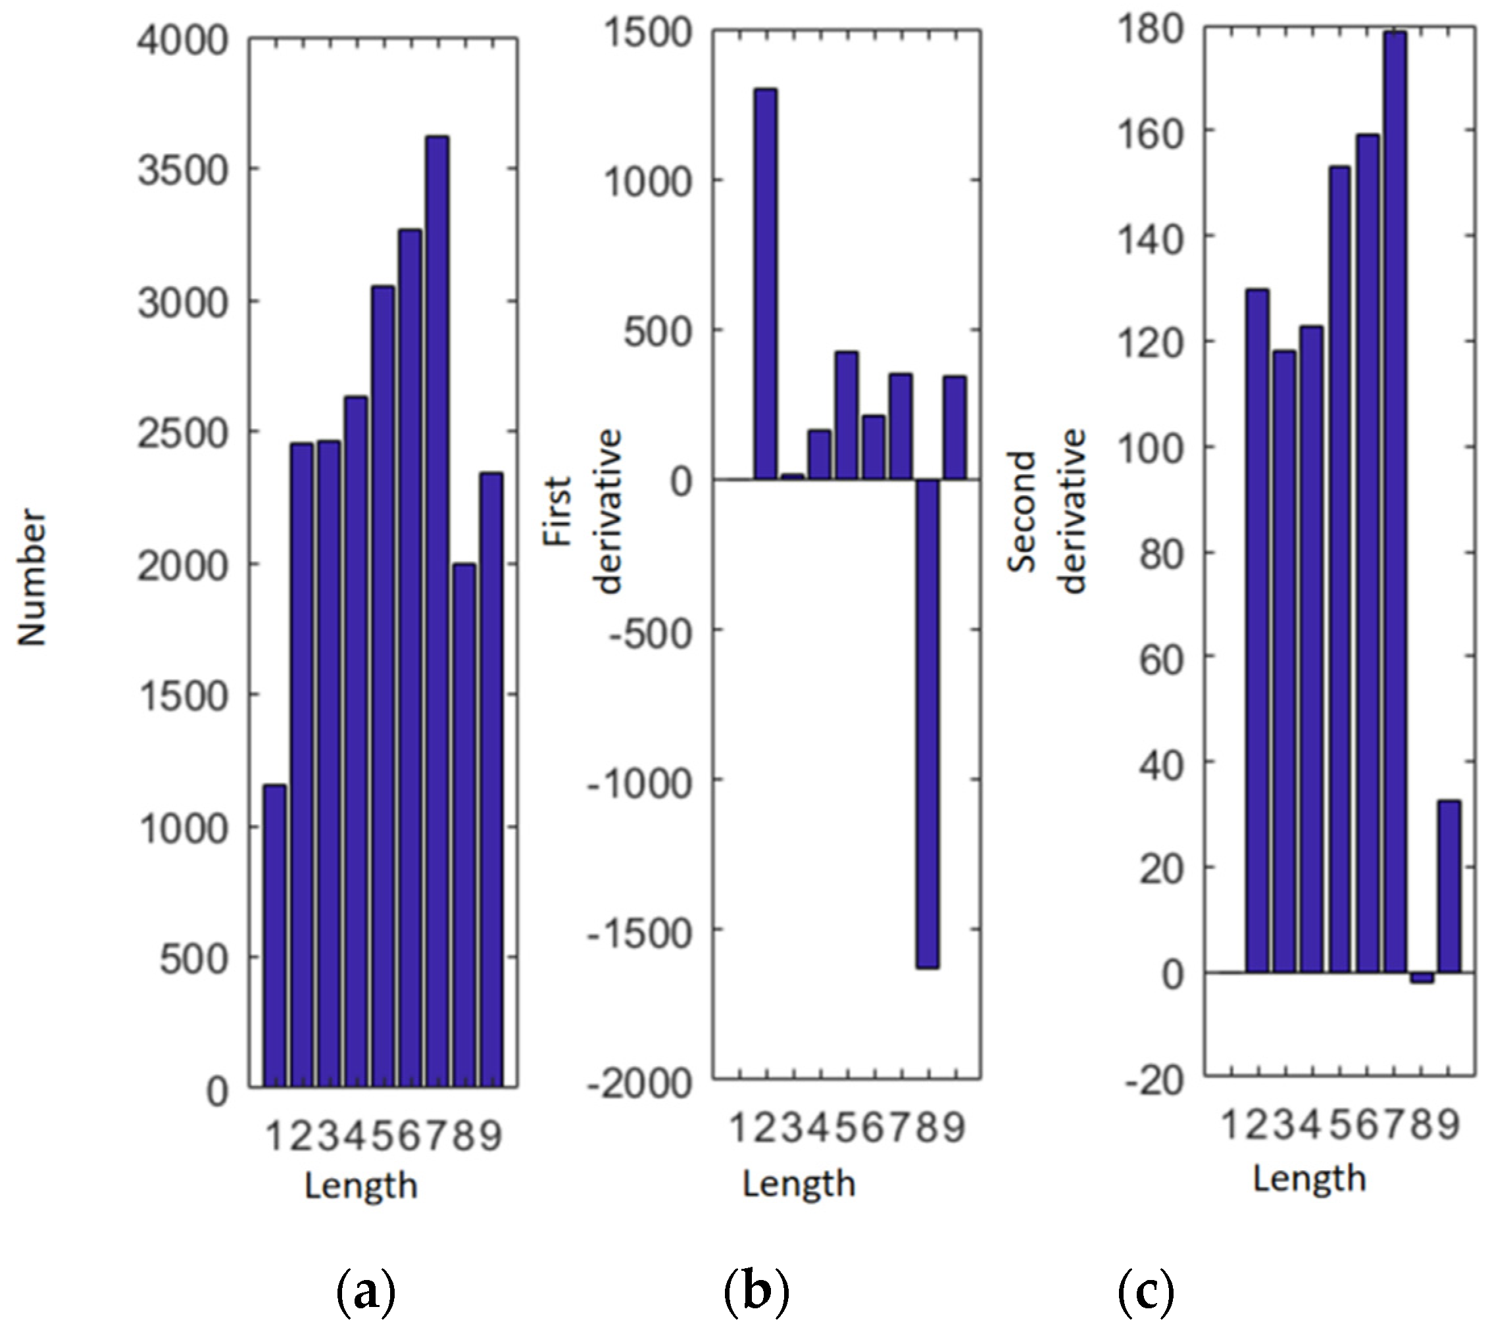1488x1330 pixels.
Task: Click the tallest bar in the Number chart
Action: coord(437,610)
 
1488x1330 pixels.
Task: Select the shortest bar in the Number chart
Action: coord(275,935)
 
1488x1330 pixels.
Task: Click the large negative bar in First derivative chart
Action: coord(928,724)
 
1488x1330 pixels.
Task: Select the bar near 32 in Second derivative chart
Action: coord(1449,887)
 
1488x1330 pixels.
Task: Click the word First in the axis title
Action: coord(558,512)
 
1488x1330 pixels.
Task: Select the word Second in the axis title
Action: coord(1022,512)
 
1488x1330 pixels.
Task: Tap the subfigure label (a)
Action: coord(366,1291)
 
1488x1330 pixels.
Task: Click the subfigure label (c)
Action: coord(1146,1291)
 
